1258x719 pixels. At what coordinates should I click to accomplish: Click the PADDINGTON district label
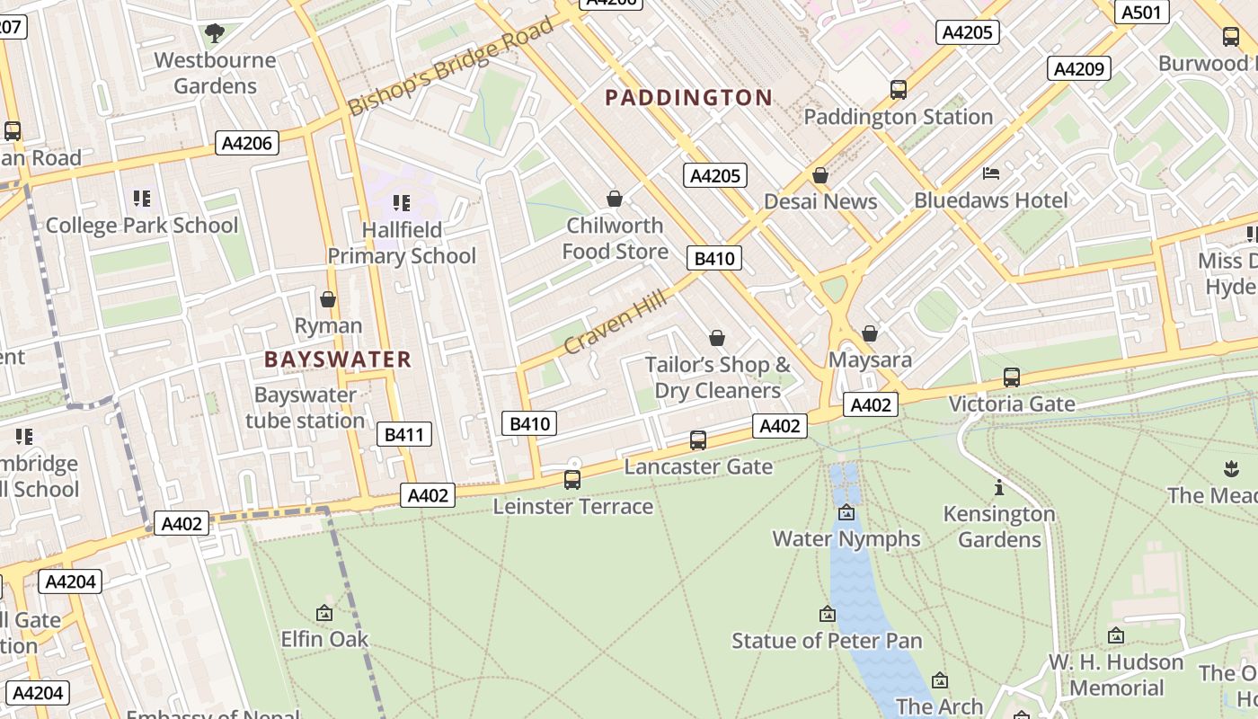(688, 97)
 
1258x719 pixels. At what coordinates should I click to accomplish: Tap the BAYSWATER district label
(337, 359)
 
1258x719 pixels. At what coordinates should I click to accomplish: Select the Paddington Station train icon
(898, 90)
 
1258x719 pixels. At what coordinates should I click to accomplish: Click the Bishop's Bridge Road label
(451, 67)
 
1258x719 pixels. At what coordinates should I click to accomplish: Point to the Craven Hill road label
(616, 321)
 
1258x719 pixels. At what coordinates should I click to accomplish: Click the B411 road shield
(403, 434)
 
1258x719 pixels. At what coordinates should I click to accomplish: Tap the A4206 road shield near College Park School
(248, 143)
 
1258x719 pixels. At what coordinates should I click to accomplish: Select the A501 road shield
(1142, 13)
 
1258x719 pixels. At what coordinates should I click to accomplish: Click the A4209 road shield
(1078, 68)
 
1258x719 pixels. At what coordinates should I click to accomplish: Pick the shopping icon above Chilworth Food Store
(615, 199)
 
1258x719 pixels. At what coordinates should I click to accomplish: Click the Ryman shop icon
(328, 299)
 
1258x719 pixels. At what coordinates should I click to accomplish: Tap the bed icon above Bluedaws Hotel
(991, 173)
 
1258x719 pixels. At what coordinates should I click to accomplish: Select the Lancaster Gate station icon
(698, 440)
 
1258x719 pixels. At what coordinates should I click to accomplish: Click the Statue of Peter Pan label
(827, 640)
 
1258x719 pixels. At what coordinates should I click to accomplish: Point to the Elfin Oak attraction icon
(324, 613)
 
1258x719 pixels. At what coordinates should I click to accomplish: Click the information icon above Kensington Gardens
(998, 487)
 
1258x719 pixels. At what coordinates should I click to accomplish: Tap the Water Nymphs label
(846, 538)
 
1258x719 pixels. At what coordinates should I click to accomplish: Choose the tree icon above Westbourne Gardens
(214, 34)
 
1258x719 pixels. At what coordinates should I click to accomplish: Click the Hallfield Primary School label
(402, 243)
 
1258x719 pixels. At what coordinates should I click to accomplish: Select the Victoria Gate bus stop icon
(1012, 377)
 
